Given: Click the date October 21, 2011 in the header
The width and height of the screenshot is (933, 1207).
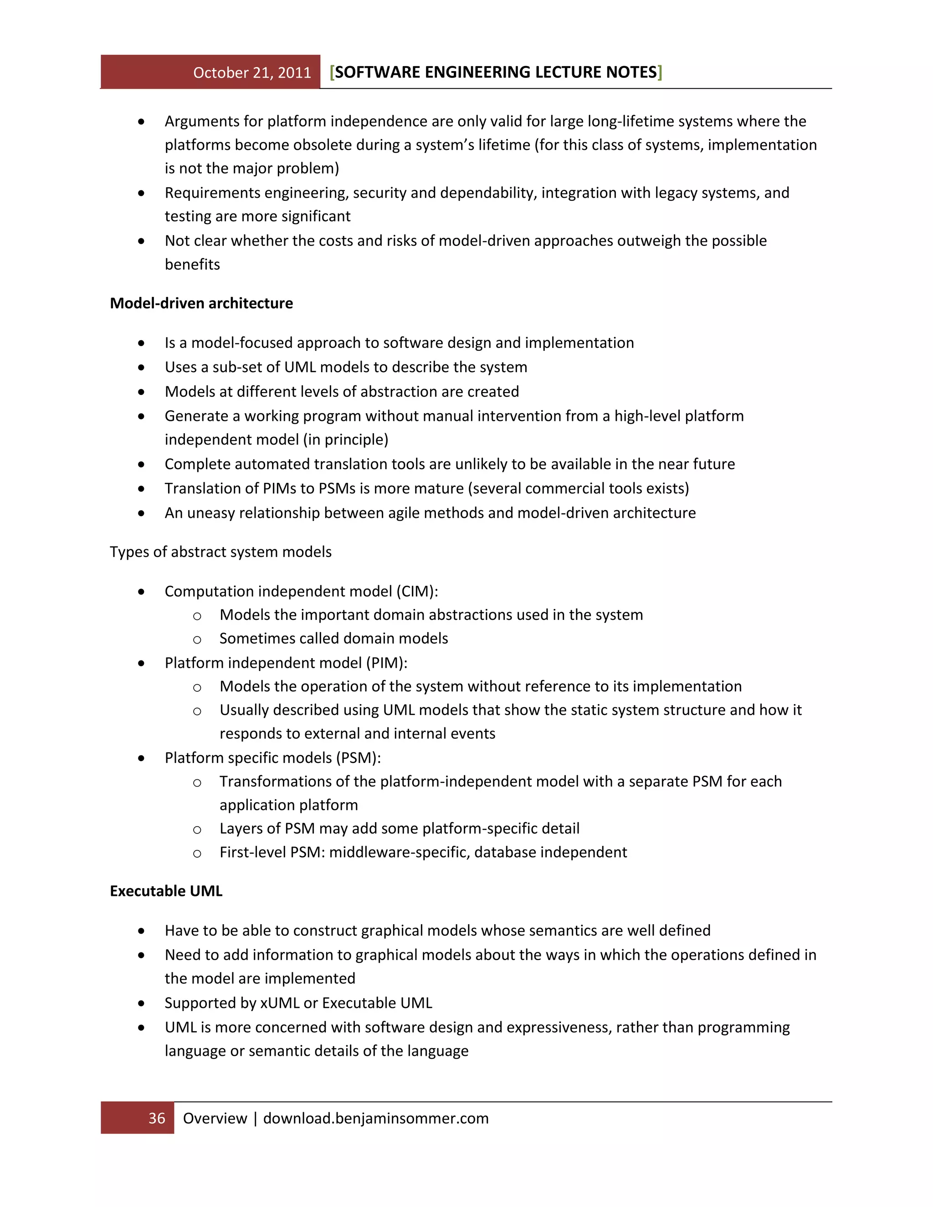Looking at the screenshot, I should [252, 72].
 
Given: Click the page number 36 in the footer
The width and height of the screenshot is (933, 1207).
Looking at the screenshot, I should [157, 1118].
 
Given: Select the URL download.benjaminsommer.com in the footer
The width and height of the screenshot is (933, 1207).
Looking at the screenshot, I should [376, 1118].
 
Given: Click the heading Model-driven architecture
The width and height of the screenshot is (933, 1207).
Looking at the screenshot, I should [201, 303].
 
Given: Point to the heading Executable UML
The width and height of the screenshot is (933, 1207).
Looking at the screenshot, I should [166, 891].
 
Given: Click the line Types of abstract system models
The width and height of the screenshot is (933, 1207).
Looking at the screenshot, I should [220, 552].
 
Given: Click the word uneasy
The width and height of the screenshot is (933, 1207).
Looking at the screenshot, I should [210, 513].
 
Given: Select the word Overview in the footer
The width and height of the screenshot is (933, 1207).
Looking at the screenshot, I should [215, 1118].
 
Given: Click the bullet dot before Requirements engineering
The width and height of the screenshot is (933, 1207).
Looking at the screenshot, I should [142, 194].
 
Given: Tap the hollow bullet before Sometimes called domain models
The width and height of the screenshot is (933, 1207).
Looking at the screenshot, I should [197, 640].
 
